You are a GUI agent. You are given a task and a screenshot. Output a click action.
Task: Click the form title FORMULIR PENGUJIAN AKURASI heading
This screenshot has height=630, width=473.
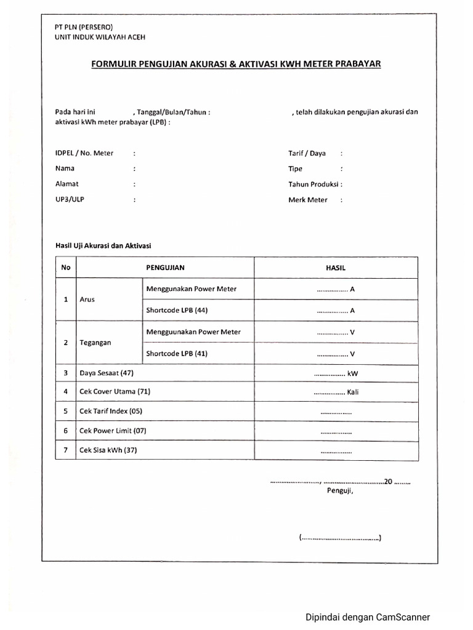pos(236,63)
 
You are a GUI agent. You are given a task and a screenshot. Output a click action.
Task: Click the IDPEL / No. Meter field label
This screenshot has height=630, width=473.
pos(84,153)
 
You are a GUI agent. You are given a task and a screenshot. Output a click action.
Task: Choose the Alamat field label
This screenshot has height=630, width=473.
pos(67,183)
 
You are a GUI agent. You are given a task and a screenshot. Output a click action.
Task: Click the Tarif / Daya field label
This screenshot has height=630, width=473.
pos(307,153)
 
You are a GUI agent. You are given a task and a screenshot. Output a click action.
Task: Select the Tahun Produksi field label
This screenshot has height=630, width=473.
pos(314,183)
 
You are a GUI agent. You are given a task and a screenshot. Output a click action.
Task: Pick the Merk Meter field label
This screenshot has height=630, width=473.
pos(308,199)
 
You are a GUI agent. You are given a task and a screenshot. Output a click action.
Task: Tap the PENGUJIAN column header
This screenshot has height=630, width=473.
pos(165,268)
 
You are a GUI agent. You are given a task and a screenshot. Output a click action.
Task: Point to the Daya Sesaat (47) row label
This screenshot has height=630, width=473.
pos(107,373)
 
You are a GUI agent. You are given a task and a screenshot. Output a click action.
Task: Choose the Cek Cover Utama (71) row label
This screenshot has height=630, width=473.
pos(115,391)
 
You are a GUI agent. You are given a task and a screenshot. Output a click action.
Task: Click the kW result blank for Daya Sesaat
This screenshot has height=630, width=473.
pos(336,373)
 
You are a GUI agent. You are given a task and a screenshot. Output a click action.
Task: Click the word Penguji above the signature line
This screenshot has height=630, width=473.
pos(339,491)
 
